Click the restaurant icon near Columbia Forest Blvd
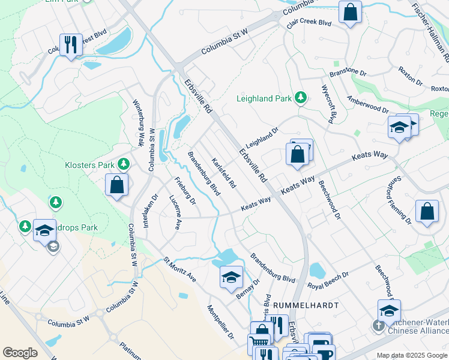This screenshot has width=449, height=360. pos(71,45)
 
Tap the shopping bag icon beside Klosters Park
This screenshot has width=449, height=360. pos(117,185)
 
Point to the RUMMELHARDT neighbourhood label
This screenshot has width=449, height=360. pos(306,305)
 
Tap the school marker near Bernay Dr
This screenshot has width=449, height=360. pos(231,277)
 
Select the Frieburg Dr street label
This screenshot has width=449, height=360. pos(185,191)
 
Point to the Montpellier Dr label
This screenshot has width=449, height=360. pos(220,322)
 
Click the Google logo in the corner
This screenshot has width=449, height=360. pos(20,352)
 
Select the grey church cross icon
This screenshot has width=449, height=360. pos(378,326)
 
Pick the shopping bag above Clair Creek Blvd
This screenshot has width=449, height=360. pos(350,12)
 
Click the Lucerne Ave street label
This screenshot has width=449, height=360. pos(175,212)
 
